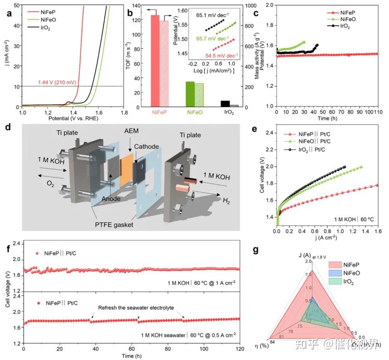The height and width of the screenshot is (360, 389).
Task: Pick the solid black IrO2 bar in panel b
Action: [x=225, y=104]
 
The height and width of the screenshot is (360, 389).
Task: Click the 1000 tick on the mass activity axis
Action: [x=247, y=6]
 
